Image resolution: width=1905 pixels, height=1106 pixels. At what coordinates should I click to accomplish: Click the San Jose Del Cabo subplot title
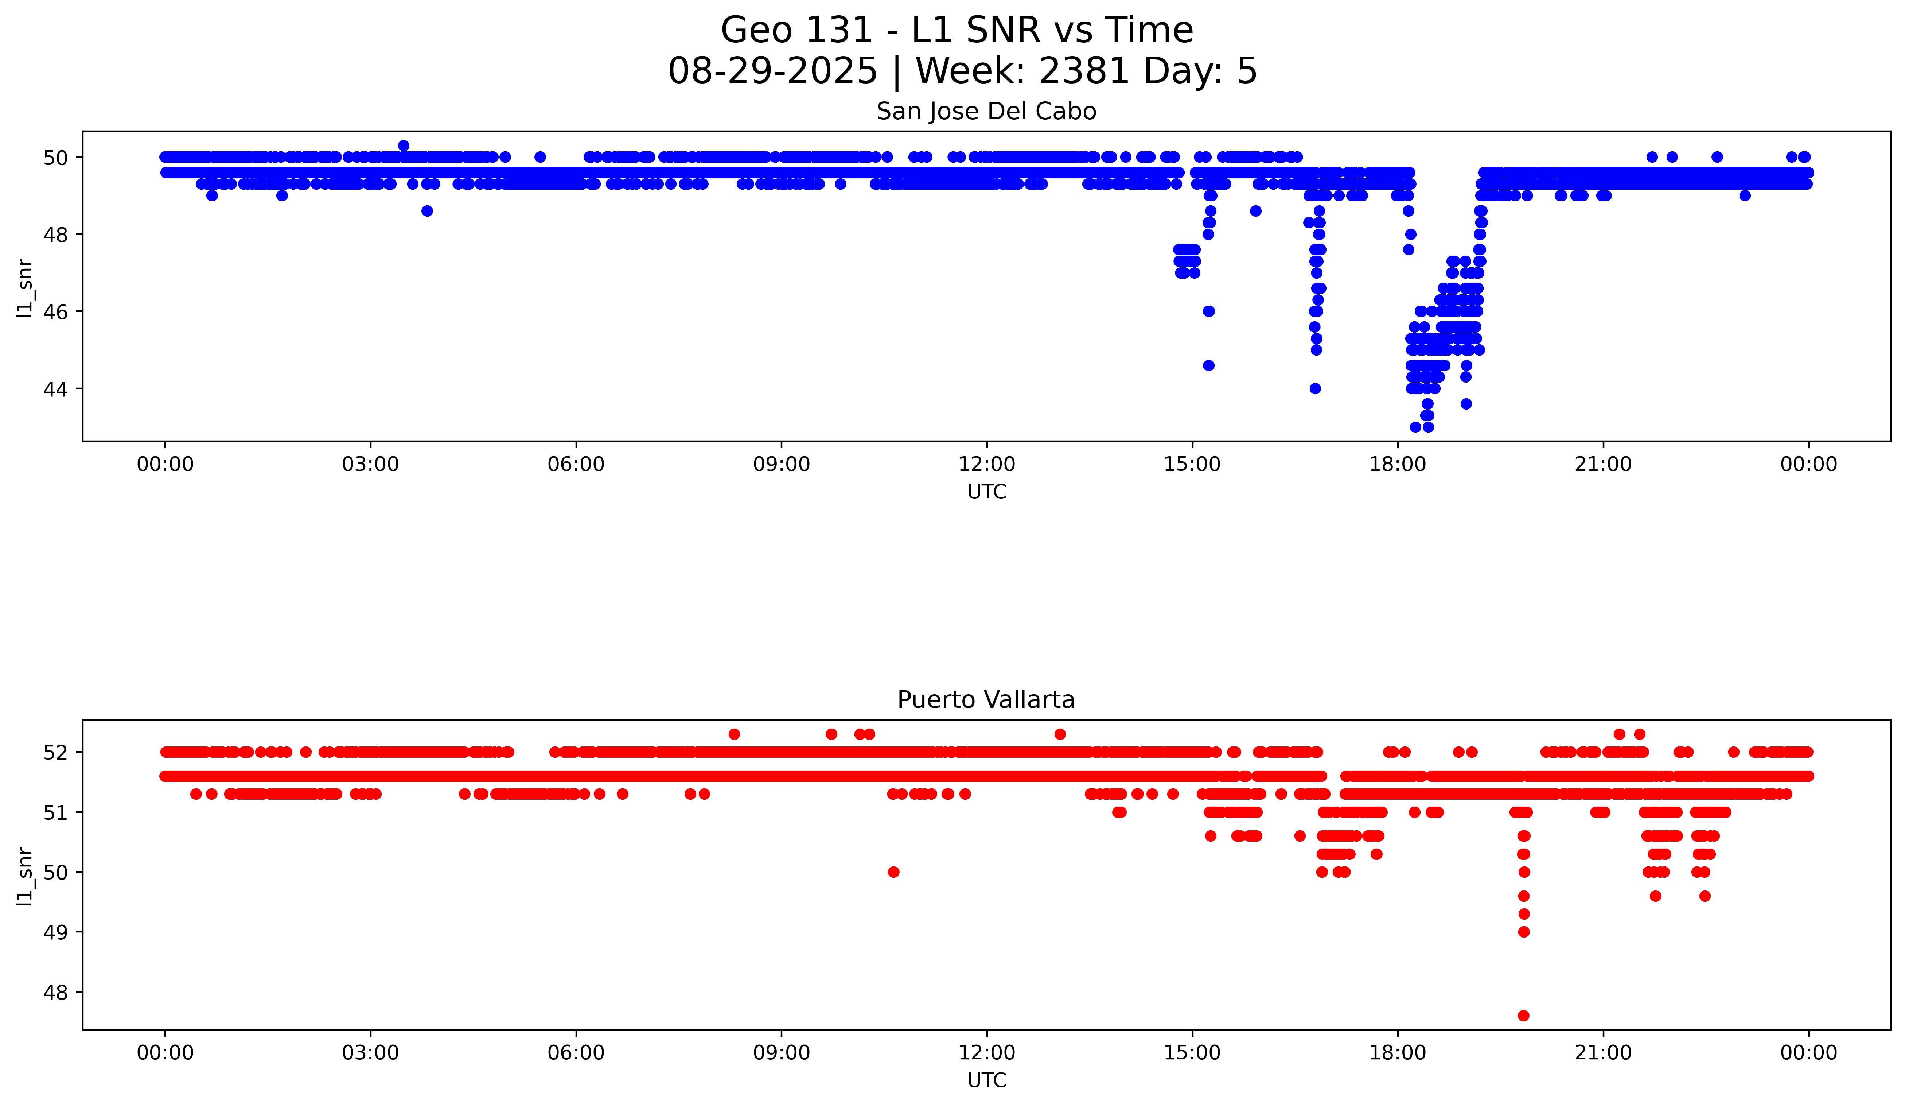click(986, 112)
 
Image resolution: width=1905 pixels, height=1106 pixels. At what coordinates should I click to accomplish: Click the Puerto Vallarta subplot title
click(986, 700)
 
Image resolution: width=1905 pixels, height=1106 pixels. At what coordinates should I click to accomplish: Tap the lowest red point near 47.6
click(1523, 1015)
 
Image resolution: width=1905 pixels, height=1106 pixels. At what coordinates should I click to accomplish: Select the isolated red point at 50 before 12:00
click(893, 872)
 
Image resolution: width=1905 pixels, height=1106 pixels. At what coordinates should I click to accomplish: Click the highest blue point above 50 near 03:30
click(404, 146)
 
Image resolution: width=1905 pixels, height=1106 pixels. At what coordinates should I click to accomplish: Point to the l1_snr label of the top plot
click(25, 287)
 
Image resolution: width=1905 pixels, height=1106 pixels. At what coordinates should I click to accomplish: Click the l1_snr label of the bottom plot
click(25, 876)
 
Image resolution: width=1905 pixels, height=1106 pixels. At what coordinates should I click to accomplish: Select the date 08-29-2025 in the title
click(772, 71)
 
